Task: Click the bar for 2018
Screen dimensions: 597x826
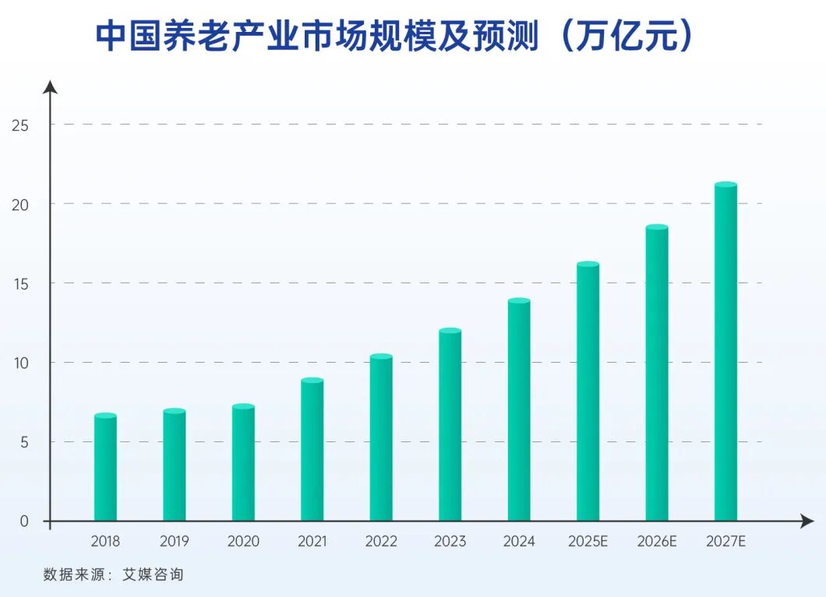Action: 105,468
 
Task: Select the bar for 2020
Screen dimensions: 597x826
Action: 243,463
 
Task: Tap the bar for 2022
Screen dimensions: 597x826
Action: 381,438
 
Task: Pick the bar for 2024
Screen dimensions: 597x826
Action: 519,410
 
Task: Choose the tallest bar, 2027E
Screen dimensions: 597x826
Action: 725,352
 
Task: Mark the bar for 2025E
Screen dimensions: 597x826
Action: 588,392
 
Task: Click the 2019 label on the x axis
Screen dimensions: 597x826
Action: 174,541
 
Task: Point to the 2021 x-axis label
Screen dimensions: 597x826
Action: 312,541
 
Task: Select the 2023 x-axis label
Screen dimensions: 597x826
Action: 450,541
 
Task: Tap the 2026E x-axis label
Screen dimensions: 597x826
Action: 657,541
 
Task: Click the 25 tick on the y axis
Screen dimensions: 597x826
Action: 20,125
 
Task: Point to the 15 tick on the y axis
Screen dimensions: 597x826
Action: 20,283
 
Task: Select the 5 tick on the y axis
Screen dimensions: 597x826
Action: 23,442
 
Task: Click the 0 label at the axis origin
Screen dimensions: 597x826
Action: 23,521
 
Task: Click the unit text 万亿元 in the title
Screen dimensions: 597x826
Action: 625,37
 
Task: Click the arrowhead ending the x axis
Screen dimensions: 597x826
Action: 807,521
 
